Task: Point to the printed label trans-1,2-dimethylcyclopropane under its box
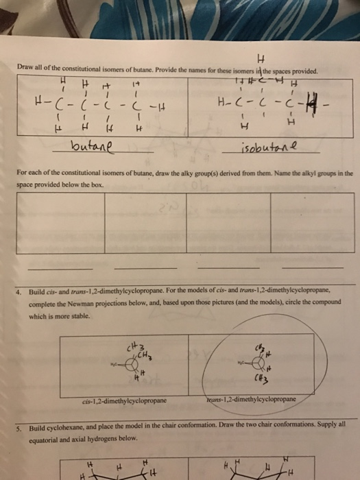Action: click(250, 398)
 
